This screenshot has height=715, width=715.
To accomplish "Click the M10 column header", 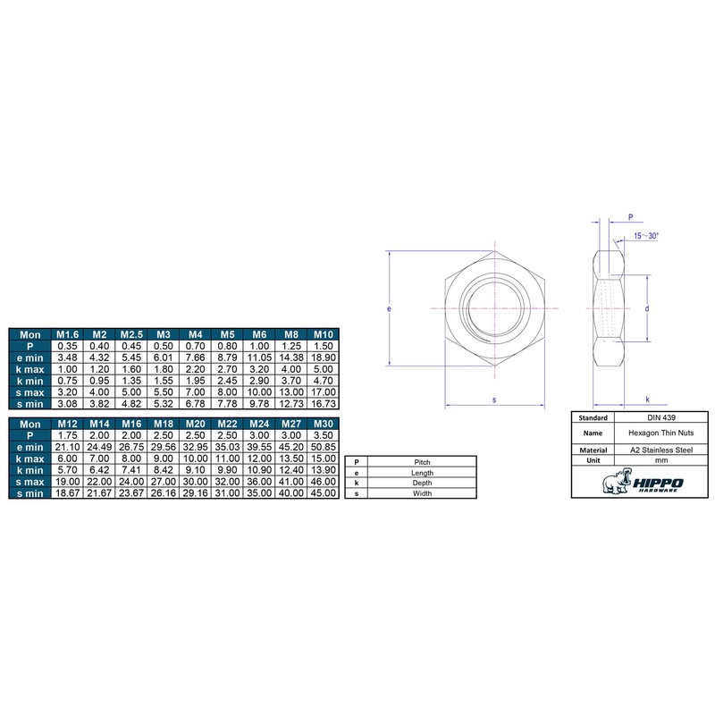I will (x=323, y=334).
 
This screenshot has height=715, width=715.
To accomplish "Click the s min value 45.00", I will (x=323, y=492).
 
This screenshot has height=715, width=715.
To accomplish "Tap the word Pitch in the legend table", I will (x=423, y=461).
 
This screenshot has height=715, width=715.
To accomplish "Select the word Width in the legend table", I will (x=423, y=492).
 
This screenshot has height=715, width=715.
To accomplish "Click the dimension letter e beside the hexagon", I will (x=390, y=307).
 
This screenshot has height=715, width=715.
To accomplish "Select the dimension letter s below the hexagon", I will (x=494, y=400).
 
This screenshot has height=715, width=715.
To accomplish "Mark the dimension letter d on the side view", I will (x=645, y=307).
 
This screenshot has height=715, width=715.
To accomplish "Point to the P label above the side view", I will (x=630, y=216).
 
